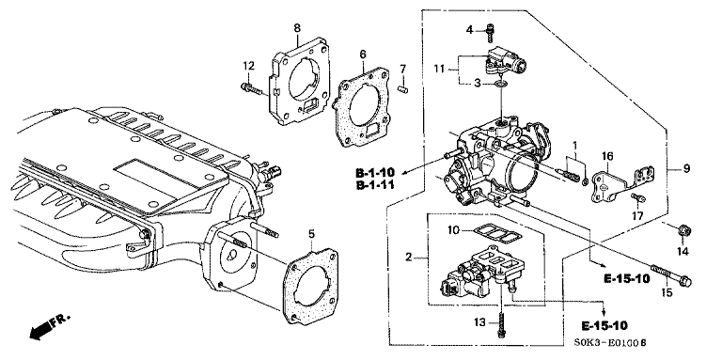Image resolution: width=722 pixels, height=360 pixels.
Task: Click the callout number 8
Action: coord(297,28)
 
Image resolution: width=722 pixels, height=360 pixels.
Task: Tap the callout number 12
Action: coord(248,66)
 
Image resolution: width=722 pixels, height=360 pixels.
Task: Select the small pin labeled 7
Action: coord(403,86)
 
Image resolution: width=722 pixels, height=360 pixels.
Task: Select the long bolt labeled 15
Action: coord(671,275)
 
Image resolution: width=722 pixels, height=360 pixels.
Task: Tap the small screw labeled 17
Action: coord(639,199)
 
